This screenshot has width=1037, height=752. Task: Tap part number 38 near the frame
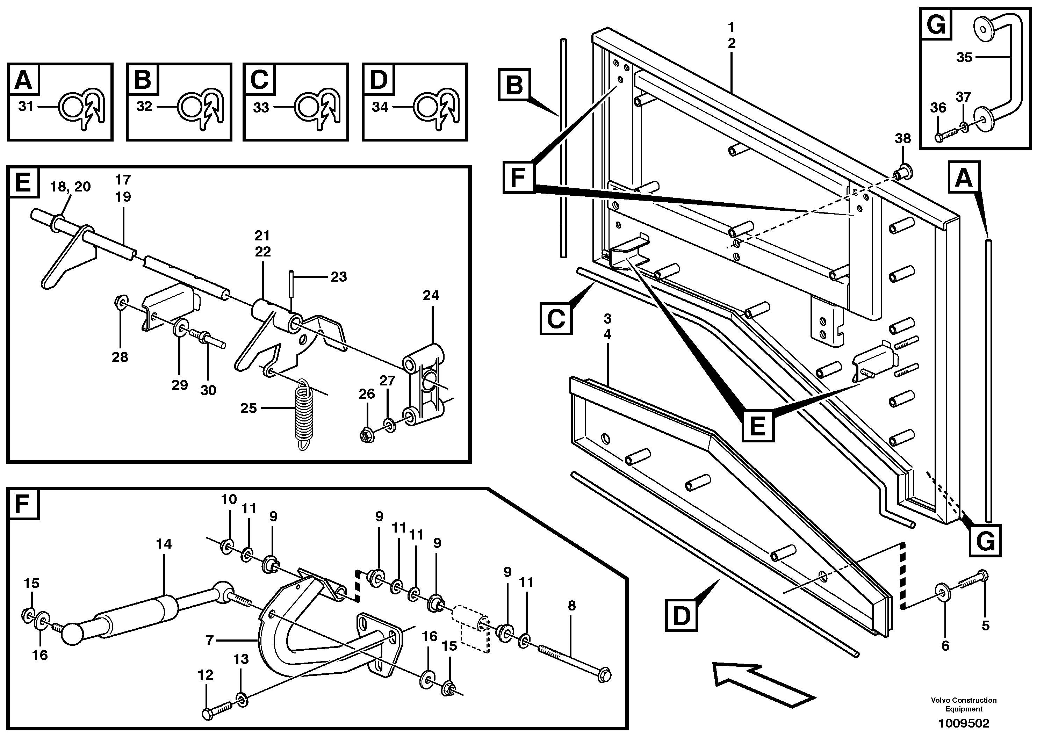[x=902, y=138]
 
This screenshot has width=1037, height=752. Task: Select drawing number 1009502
[x=963, y=724]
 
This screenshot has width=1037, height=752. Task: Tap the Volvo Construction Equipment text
[x=963, y=704]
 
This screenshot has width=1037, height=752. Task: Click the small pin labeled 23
[x=291, y=284]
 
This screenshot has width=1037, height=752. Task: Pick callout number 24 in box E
[x=430, y=296]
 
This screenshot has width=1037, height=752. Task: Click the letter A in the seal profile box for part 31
[x=23, y=80]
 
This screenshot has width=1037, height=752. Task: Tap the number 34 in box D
[x=380, y=107]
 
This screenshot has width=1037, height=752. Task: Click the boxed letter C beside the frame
[x=555, y=319]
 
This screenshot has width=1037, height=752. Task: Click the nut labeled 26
[x=367, y=435]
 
